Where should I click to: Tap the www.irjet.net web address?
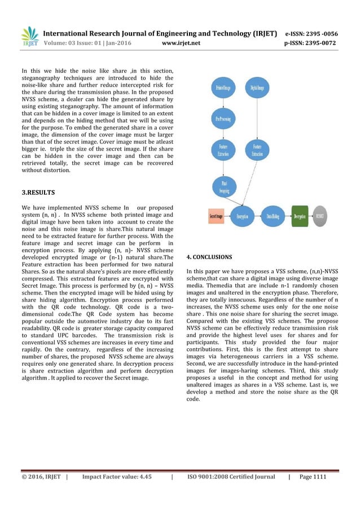[x=179, y=42]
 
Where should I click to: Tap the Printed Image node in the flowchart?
[x=222, y=88]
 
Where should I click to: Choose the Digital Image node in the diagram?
[x=257, y=88]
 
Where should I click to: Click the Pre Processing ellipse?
[x=222, y=119]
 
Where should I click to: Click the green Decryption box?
[x=301, y=216]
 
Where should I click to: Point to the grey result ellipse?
[x=320, y=216]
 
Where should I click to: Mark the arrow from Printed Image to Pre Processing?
[x=222, y=104]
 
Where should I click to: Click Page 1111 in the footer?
[x=312, y=477]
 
